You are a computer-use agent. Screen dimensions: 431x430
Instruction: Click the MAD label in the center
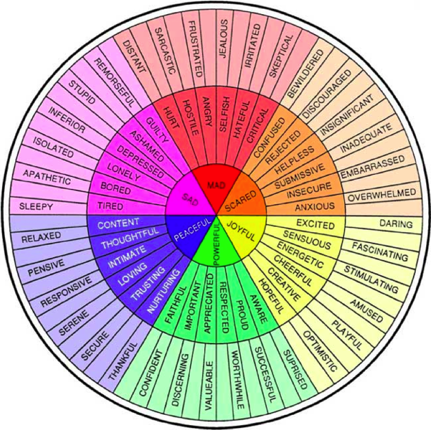point(216,185)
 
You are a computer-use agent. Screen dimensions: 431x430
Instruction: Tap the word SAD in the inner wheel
point(190,199)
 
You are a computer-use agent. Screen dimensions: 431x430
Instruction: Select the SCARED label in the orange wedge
point(241,201)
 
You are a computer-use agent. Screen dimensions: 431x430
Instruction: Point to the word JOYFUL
point(241,231)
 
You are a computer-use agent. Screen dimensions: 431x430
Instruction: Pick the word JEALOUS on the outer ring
point(223,39)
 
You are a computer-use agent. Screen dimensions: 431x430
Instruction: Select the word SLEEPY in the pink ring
point(36,206)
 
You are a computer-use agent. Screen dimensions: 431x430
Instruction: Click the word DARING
point(396,224)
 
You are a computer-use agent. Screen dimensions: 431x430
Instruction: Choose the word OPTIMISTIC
point(320,351)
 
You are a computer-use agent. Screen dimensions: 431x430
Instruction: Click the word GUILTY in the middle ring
point(157,130)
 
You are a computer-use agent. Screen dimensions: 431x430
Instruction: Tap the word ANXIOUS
point(315,206)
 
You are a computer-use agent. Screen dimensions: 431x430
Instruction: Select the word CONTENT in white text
point(118,224)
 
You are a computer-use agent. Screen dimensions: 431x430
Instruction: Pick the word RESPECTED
point(224,307)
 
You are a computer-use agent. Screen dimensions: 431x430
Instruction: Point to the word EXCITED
point(315,224)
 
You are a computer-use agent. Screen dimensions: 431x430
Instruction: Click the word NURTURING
point(164,291)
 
